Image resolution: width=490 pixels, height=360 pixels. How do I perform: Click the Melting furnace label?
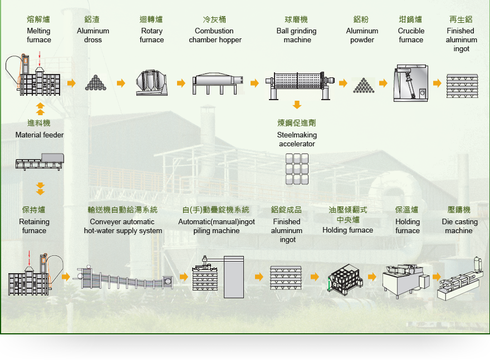click(x=39, y=35)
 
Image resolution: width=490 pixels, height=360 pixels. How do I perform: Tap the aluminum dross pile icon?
click(x=96, y=83)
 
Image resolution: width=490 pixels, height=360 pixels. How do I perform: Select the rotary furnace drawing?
click(x=151, y=83)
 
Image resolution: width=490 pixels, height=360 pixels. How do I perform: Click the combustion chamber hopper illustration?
click(x=218, y=83)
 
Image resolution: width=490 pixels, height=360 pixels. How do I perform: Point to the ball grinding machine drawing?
click(x=300, y=85)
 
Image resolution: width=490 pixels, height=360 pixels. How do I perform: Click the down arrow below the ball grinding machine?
click(x=297, y=105)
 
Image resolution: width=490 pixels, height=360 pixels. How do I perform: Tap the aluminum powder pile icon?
click(x=364, y=85)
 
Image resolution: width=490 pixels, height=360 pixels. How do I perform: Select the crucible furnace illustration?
click(x=410, y=83)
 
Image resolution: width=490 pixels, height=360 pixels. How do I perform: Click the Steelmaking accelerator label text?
click(x=297, y=139)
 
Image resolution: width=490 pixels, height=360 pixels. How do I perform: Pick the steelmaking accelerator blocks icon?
click(x=297, y=169)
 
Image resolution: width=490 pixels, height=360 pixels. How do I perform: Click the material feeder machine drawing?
click(x=40, y=161)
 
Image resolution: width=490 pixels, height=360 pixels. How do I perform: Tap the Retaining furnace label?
click(x=34, y=226)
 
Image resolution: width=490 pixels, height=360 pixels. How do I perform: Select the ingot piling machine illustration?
click(x=218, y=277)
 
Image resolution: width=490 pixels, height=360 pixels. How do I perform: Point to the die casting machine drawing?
click(x=458, y=279)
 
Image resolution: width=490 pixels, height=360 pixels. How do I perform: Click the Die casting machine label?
click(x=460, y=226)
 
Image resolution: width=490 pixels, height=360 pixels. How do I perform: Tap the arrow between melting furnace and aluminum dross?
click(x=72, y=83)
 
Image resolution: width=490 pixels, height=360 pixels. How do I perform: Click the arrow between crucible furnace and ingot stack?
click(x=437, y=83)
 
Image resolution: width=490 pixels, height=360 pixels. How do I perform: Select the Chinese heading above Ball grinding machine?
click(x=296, y=19)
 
